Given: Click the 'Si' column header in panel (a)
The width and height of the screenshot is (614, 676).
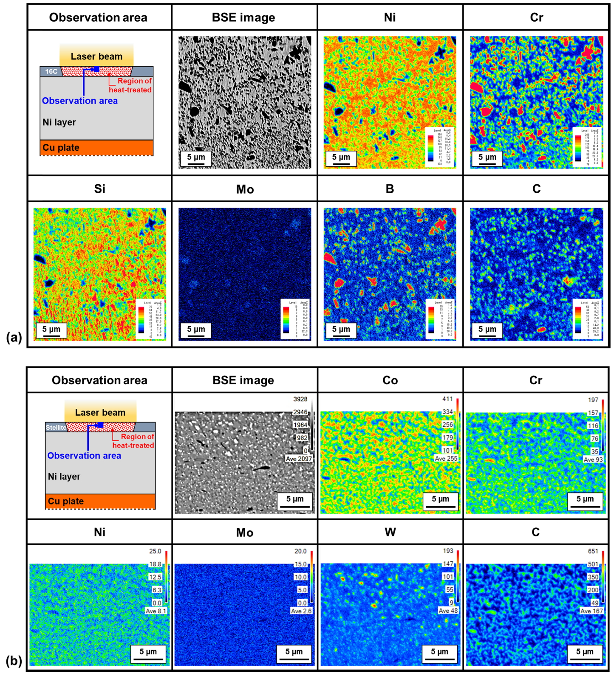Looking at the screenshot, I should click(x=99, y=189).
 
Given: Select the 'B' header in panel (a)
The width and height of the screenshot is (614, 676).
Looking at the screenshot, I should click(x=390, y=189).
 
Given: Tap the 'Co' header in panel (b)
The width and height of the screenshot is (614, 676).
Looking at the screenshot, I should click(x=390, y=380).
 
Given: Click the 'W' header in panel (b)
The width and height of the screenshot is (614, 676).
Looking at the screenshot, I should click(x=390, y=532).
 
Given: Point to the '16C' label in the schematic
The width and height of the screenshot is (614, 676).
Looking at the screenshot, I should click(x=51, y=71).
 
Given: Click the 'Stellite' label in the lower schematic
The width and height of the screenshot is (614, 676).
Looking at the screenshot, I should click(x=56, y=427).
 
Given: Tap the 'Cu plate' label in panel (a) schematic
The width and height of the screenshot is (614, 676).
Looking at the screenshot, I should click(x=61, y=148).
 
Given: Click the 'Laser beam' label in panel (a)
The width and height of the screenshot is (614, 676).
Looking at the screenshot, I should click(x=96, y=56).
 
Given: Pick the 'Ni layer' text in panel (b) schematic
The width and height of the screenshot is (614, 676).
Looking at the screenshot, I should click(x=64, y=476).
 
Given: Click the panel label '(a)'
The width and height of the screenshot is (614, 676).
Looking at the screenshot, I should click(x=14, y=338).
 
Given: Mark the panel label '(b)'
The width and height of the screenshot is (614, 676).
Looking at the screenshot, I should click(x=14, y=661).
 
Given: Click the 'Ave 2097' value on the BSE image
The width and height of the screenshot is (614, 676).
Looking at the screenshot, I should click(x=299, y=459).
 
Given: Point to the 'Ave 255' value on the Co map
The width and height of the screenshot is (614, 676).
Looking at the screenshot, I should click(x=446, y=459).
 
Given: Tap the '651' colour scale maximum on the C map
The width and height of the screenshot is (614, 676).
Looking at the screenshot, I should click(x=593, y=551).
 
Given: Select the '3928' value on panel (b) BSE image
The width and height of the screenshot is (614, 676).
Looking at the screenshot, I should click(x=300, y=399).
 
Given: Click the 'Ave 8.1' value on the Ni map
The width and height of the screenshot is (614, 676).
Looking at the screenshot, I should click(x=156, y=611).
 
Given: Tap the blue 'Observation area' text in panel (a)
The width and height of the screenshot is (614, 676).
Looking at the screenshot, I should click(x=80, y=101).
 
